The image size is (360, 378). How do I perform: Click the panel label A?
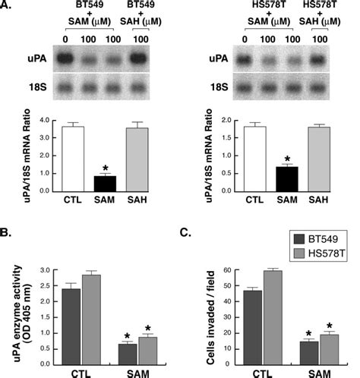[7, 7]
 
